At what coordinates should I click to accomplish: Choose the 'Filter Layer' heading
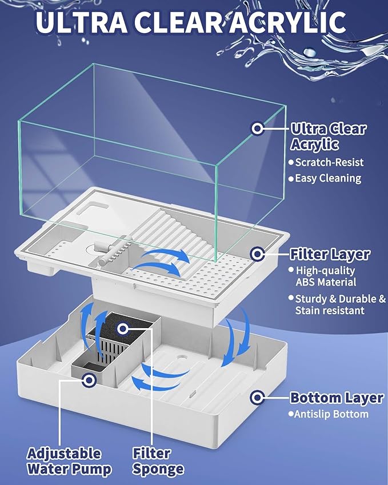click(x=330, y=254)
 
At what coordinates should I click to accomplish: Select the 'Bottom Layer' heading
click(x=336, y=398)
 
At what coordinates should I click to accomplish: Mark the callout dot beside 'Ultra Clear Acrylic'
click(x=258, y=127)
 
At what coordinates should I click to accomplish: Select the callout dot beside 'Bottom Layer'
click(x=258, y=396)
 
